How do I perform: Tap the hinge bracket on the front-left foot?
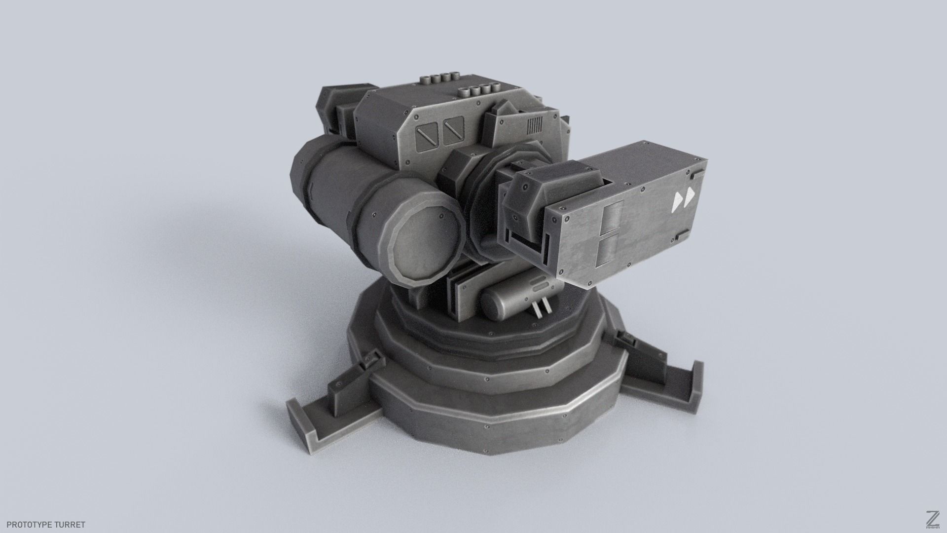[x=368, y=362]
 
